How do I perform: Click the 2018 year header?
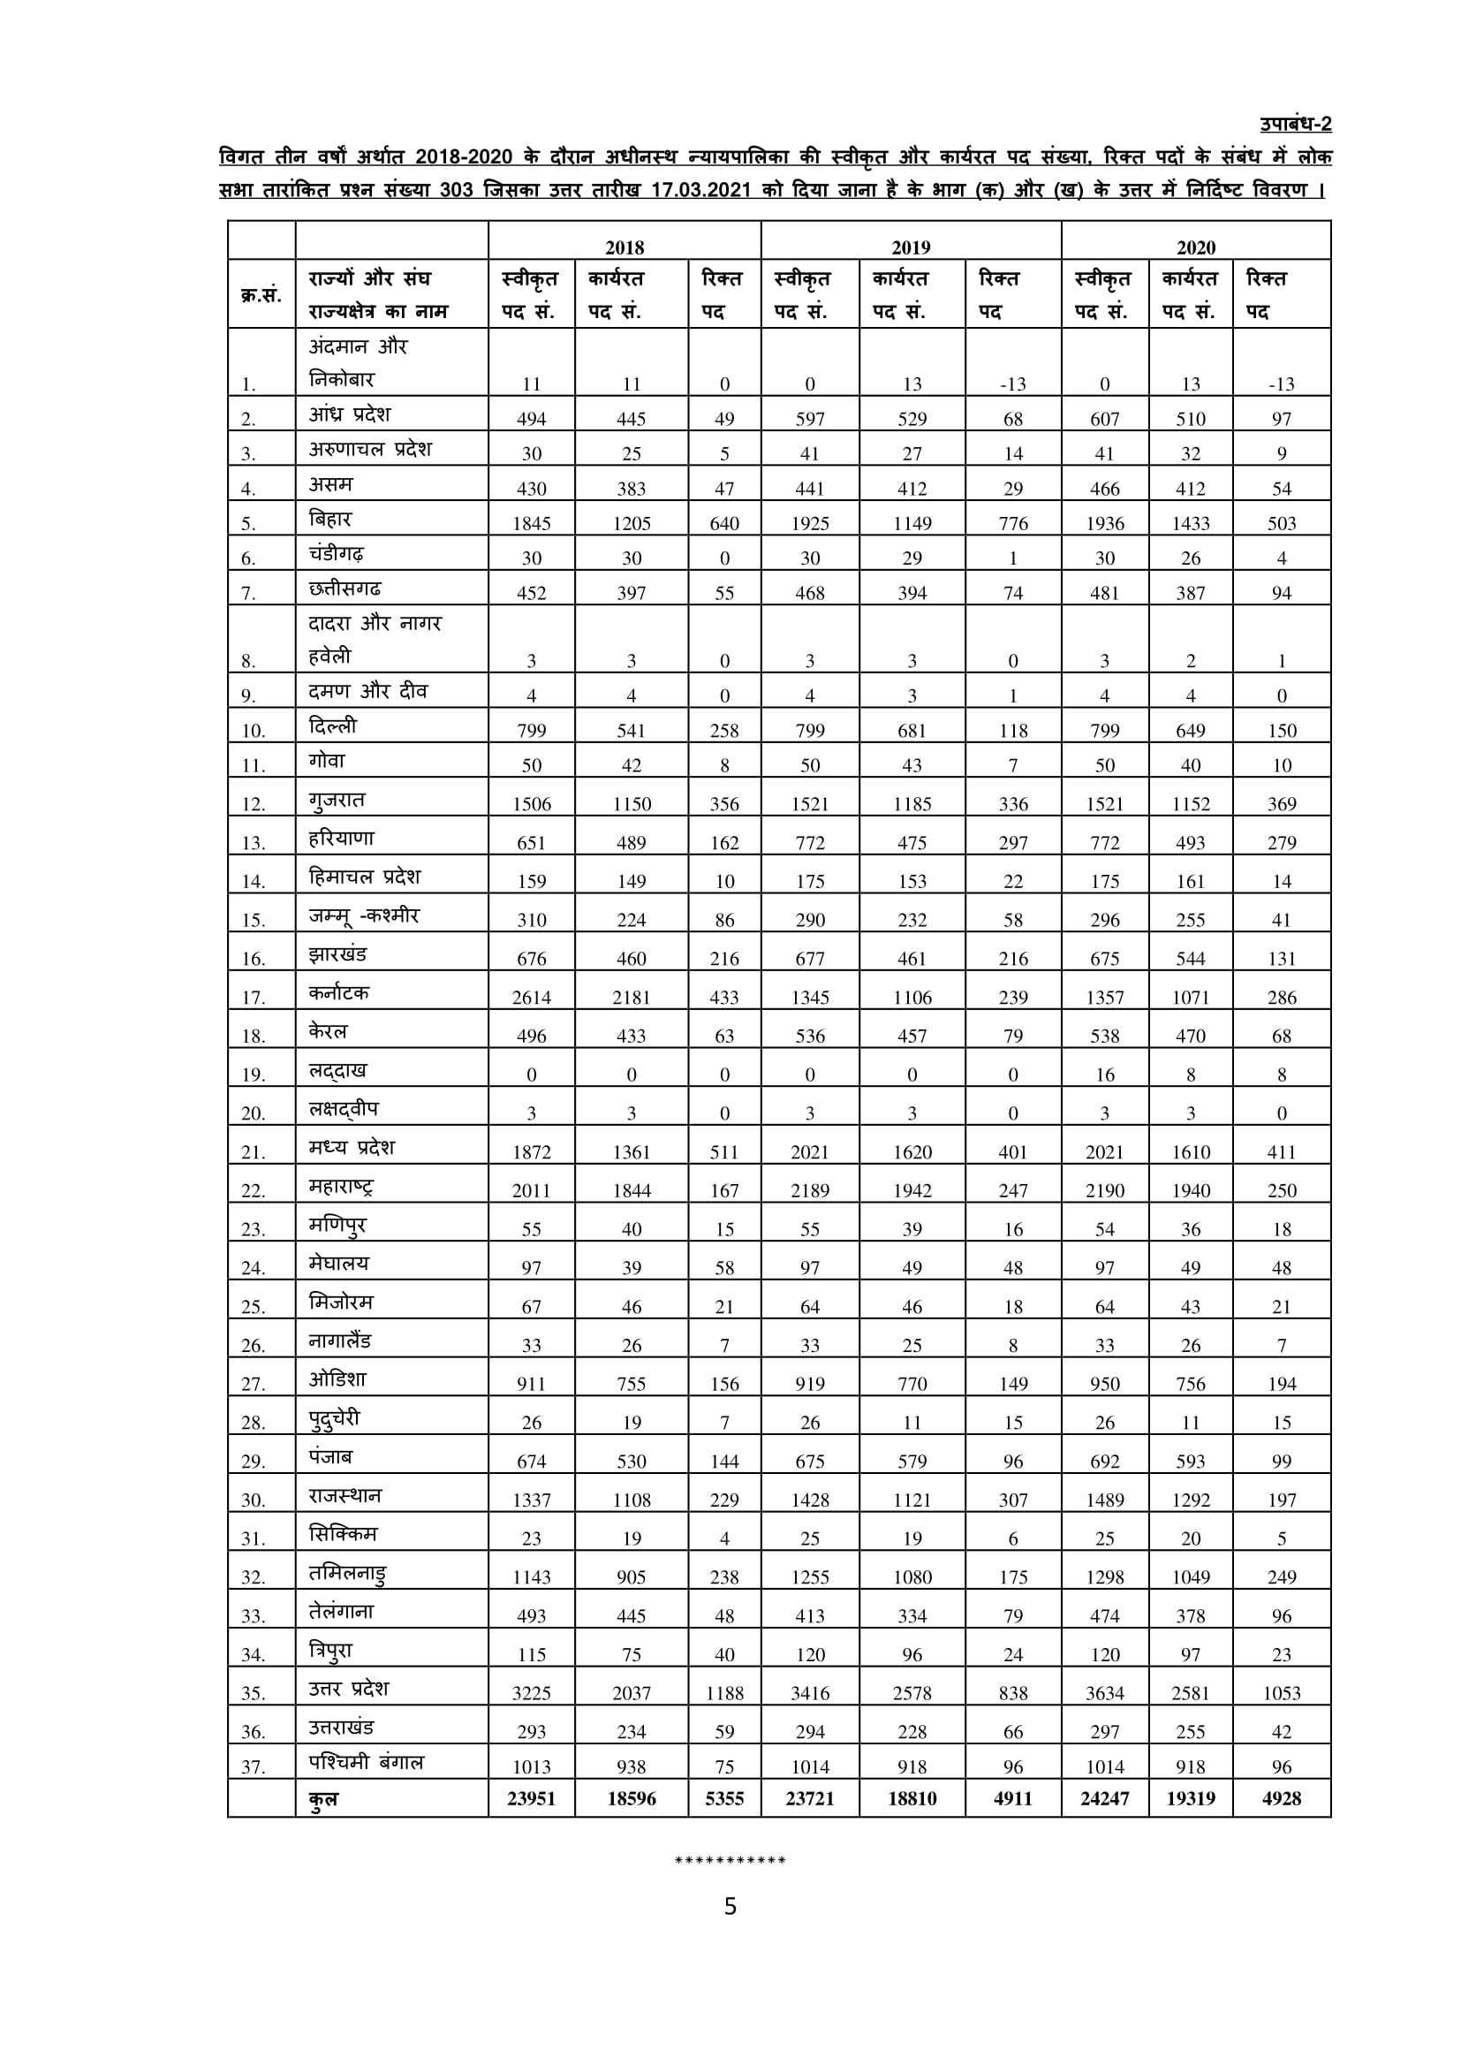[x=624, y=247]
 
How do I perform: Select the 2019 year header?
[x=911, y=247]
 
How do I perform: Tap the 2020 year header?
[x=1195, y=247]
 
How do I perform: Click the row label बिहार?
[x=330, y=520]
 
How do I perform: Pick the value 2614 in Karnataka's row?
[x=531, y=997]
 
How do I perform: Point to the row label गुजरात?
[x=337, y=800]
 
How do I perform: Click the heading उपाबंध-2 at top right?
[x=1295, y=125]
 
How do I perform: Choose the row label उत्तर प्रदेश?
[x=349, y=1688]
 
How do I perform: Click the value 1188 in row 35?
[x=724, y=1692]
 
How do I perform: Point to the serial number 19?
[x=253, y=1075]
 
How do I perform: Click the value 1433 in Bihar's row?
[x=1190, y=523]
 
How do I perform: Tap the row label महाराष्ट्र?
[x=341, y=1186]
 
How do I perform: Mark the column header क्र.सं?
[x=261, y=294]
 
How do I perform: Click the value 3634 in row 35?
[x=1104, y=1692]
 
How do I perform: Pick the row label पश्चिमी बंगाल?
[x=367, y=1762]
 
